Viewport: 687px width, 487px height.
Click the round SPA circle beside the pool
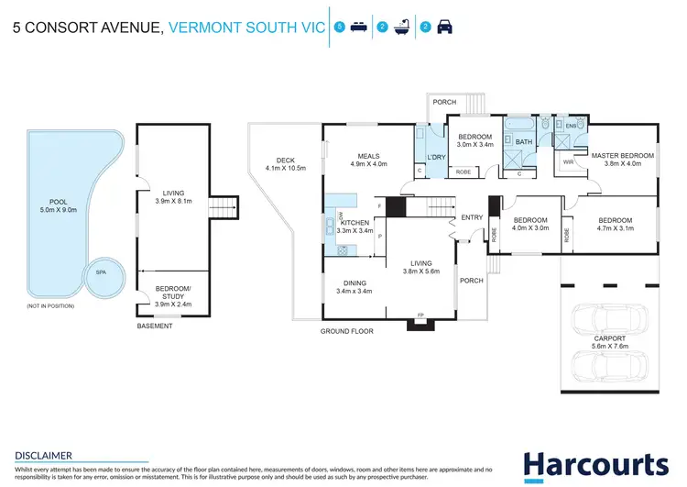(102, 272)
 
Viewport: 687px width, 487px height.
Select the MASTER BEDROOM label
(623, 160)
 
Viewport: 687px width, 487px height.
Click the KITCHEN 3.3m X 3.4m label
(354, 227)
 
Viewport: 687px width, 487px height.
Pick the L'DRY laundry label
(423, 157)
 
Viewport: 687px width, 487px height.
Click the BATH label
(523, 142)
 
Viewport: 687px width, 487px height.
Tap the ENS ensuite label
(570, 124)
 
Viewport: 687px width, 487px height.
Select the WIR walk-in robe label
(569, 162)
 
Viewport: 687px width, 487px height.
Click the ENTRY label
(472, 217)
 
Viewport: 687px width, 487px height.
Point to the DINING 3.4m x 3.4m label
(353, 286)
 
